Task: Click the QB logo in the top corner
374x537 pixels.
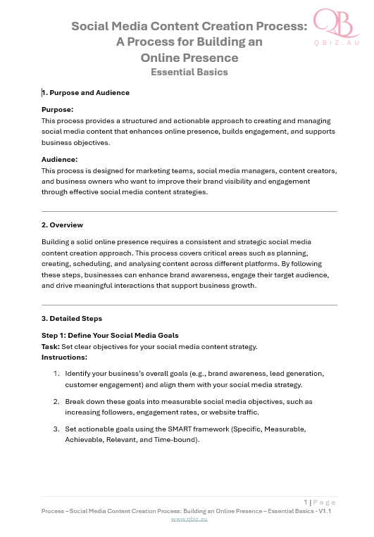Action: click(335, 23)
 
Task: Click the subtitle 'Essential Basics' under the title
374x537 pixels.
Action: click(189, 72)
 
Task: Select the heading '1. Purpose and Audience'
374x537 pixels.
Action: click(86, 93)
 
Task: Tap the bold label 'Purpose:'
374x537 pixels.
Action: click(58, 110)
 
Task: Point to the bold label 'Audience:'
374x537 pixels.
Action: click(60, 160)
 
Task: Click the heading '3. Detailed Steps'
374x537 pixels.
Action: click(72, 319)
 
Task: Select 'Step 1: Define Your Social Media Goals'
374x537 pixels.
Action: click(110, 336)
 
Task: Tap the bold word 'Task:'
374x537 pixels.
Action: click(51, 346)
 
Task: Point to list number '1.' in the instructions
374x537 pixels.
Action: click(56, 374)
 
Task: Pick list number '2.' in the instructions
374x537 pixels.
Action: click(56, 401)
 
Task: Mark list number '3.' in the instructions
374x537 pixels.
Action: click(56, 429)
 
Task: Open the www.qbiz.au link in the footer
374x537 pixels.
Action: click(189, 519)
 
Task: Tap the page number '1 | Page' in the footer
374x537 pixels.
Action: click(320, 502)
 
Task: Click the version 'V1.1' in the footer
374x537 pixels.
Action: click(325, 511)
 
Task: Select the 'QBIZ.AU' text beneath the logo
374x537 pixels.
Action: click(337, 43)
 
